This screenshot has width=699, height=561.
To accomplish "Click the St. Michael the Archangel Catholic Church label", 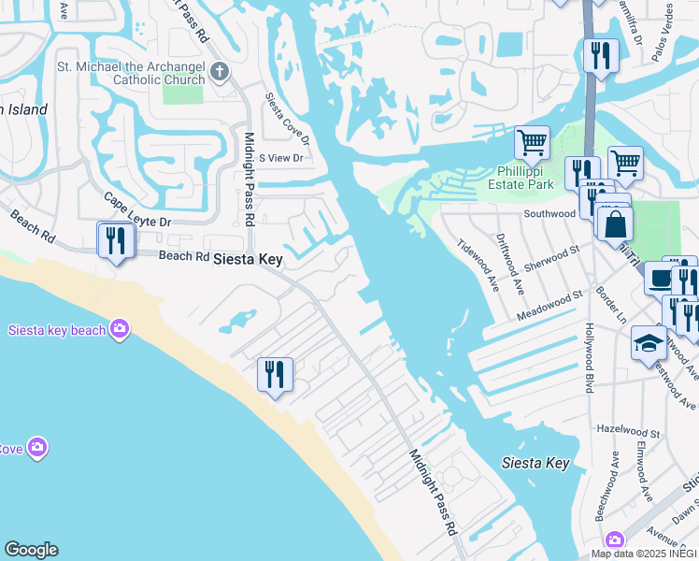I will coord(132,73).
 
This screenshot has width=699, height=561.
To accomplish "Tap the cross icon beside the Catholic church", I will coord(219,73).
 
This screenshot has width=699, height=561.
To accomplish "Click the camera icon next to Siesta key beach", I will coord(119,327).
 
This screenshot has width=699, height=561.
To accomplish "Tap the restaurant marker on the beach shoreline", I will coord(275,375).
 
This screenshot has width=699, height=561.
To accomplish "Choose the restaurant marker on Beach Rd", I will coord(116,241).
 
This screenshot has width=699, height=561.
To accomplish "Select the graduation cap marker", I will coord(649,343).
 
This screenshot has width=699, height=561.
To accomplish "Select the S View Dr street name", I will coord(281,158).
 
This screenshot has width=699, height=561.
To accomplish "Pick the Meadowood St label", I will coord(550,306).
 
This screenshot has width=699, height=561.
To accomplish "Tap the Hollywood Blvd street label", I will coord(590,357).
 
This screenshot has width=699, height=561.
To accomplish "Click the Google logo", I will coord(31,550).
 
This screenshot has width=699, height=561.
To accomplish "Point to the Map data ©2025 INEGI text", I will coord(644,554).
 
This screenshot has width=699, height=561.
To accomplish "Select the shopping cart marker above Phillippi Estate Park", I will coord(532,143).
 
